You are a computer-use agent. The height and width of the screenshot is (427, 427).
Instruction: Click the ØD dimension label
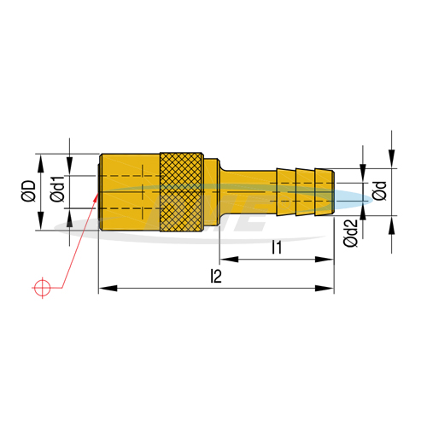28,190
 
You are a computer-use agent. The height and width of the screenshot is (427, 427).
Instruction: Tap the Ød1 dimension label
57,189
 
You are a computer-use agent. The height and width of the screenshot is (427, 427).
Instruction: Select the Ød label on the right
379,190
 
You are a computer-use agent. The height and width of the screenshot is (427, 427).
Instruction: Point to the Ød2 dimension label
350,233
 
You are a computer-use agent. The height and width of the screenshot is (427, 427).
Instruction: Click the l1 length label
277,247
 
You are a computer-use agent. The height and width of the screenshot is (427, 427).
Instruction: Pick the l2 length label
216,276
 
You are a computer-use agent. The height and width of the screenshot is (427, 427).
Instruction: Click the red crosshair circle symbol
42,288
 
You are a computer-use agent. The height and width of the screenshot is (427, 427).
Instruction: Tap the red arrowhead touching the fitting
97,196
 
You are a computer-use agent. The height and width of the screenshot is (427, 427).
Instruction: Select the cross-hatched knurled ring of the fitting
181,192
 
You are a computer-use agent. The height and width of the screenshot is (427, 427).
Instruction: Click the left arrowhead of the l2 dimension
108,288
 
